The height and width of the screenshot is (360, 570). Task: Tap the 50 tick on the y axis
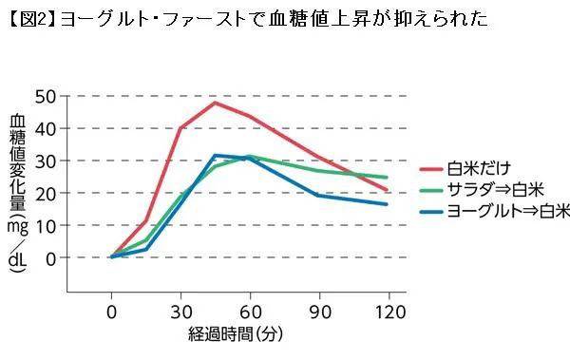click(x=45, y=96)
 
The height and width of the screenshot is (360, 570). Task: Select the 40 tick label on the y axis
click(x=45, y=128)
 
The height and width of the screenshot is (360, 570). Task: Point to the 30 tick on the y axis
click(x=45, y=161)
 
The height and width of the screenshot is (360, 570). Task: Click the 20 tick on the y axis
click(x=45, y=193)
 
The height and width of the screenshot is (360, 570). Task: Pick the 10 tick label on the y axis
click(x=45, y=225)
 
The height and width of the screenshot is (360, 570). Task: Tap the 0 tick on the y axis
click(x=50, y=257)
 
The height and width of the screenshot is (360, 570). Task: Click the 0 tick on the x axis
click(x=112, y=312)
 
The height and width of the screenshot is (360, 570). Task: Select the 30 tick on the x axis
click(x=180, y=312)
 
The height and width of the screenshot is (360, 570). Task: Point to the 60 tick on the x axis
click(x=250, y=312)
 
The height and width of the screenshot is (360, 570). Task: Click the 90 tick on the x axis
click(x=318, y=312)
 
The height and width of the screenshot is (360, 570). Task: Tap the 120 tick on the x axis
click(x=387, y=312)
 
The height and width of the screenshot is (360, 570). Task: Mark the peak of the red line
click(x=216, y=102)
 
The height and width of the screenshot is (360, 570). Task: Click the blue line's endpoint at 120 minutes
click(x=387, y=204)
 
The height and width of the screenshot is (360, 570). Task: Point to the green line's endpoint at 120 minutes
click(x=387, y=178)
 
